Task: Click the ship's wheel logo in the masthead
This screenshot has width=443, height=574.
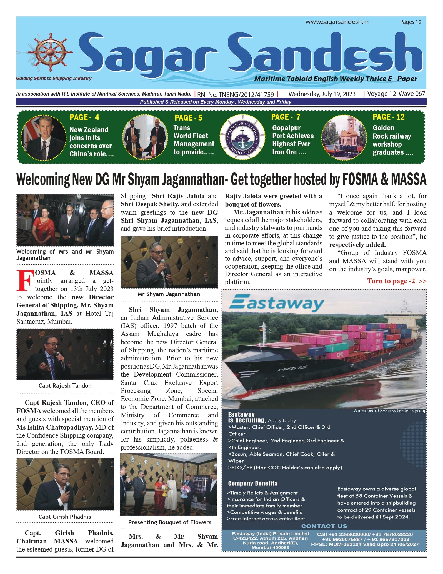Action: [x=50, y=52]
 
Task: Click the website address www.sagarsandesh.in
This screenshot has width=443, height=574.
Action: [x=337, y=22]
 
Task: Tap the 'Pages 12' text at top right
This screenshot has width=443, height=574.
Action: [x=411, y=22]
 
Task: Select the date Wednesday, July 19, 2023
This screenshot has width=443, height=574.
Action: [x=322, y=94]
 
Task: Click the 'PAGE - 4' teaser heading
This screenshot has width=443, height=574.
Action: [x=84, y=117]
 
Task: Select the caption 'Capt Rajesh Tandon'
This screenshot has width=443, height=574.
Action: [x=65, y=385]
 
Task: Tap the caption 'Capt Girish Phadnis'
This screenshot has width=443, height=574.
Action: [x=65, y=517]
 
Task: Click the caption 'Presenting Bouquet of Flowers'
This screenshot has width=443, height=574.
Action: [x=170, y=522]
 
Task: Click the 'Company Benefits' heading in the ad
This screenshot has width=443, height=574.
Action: [x=253, y=483]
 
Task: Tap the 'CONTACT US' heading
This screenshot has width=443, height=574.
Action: [x=324, y=526]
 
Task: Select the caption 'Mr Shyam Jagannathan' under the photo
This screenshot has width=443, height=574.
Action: [x=169, y=294]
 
